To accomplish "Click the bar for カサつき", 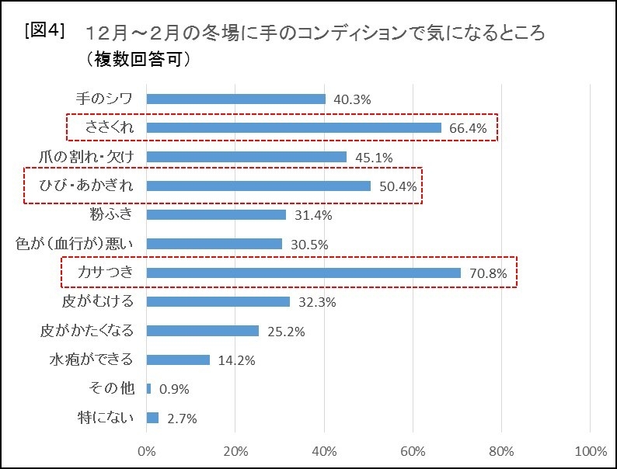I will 303,273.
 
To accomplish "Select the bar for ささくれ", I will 294,128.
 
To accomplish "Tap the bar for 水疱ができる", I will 178,360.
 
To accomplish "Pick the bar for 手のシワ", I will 235,99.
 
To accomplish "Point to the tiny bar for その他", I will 148,388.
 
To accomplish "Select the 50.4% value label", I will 397,186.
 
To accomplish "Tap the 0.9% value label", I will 173,389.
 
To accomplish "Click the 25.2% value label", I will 285,332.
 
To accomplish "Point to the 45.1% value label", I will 373,158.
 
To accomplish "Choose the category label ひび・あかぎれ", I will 86,186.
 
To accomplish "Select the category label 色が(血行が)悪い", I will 75,244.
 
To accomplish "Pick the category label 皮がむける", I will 97,301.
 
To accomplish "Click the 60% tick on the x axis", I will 413,451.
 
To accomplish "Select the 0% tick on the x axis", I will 146,451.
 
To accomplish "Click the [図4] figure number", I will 44,31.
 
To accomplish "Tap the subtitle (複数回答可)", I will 134,60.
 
